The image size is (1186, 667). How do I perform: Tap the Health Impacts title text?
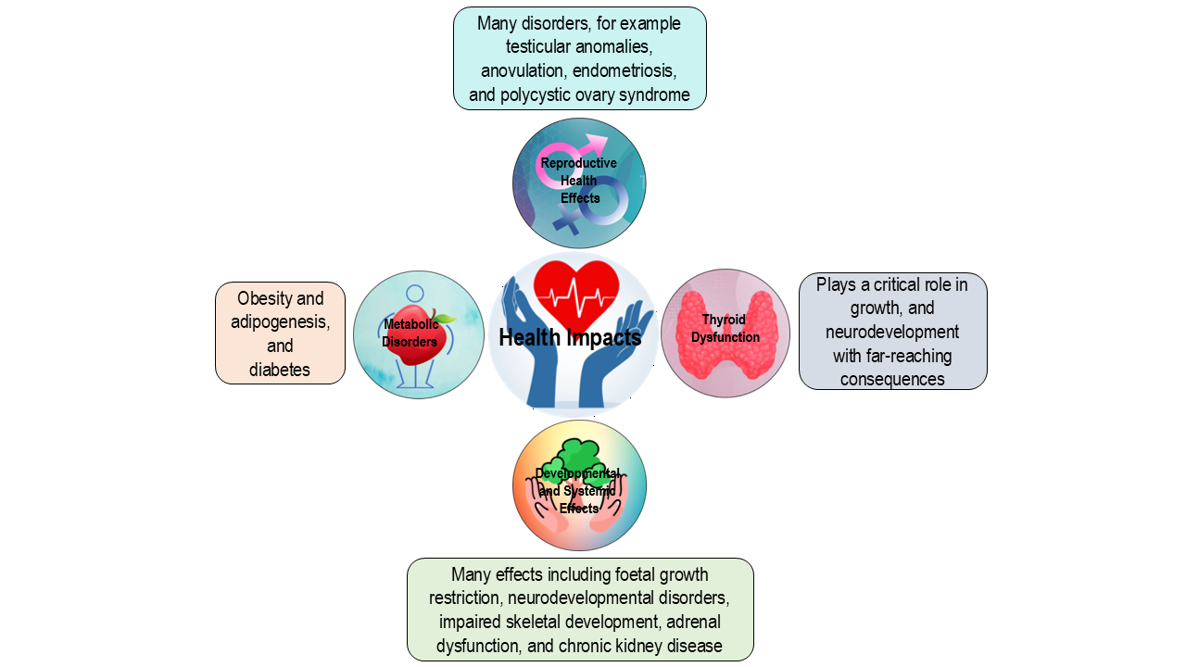570,338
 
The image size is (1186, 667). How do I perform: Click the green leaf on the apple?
445,319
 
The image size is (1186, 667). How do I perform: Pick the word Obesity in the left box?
268,298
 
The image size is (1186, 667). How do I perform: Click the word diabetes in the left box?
280,371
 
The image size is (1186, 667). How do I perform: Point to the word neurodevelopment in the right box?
892,332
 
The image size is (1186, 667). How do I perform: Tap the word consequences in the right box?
892,379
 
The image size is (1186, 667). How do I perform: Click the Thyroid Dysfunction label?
725,328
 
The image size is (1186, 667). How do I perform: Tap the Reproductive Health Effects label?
579,181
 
